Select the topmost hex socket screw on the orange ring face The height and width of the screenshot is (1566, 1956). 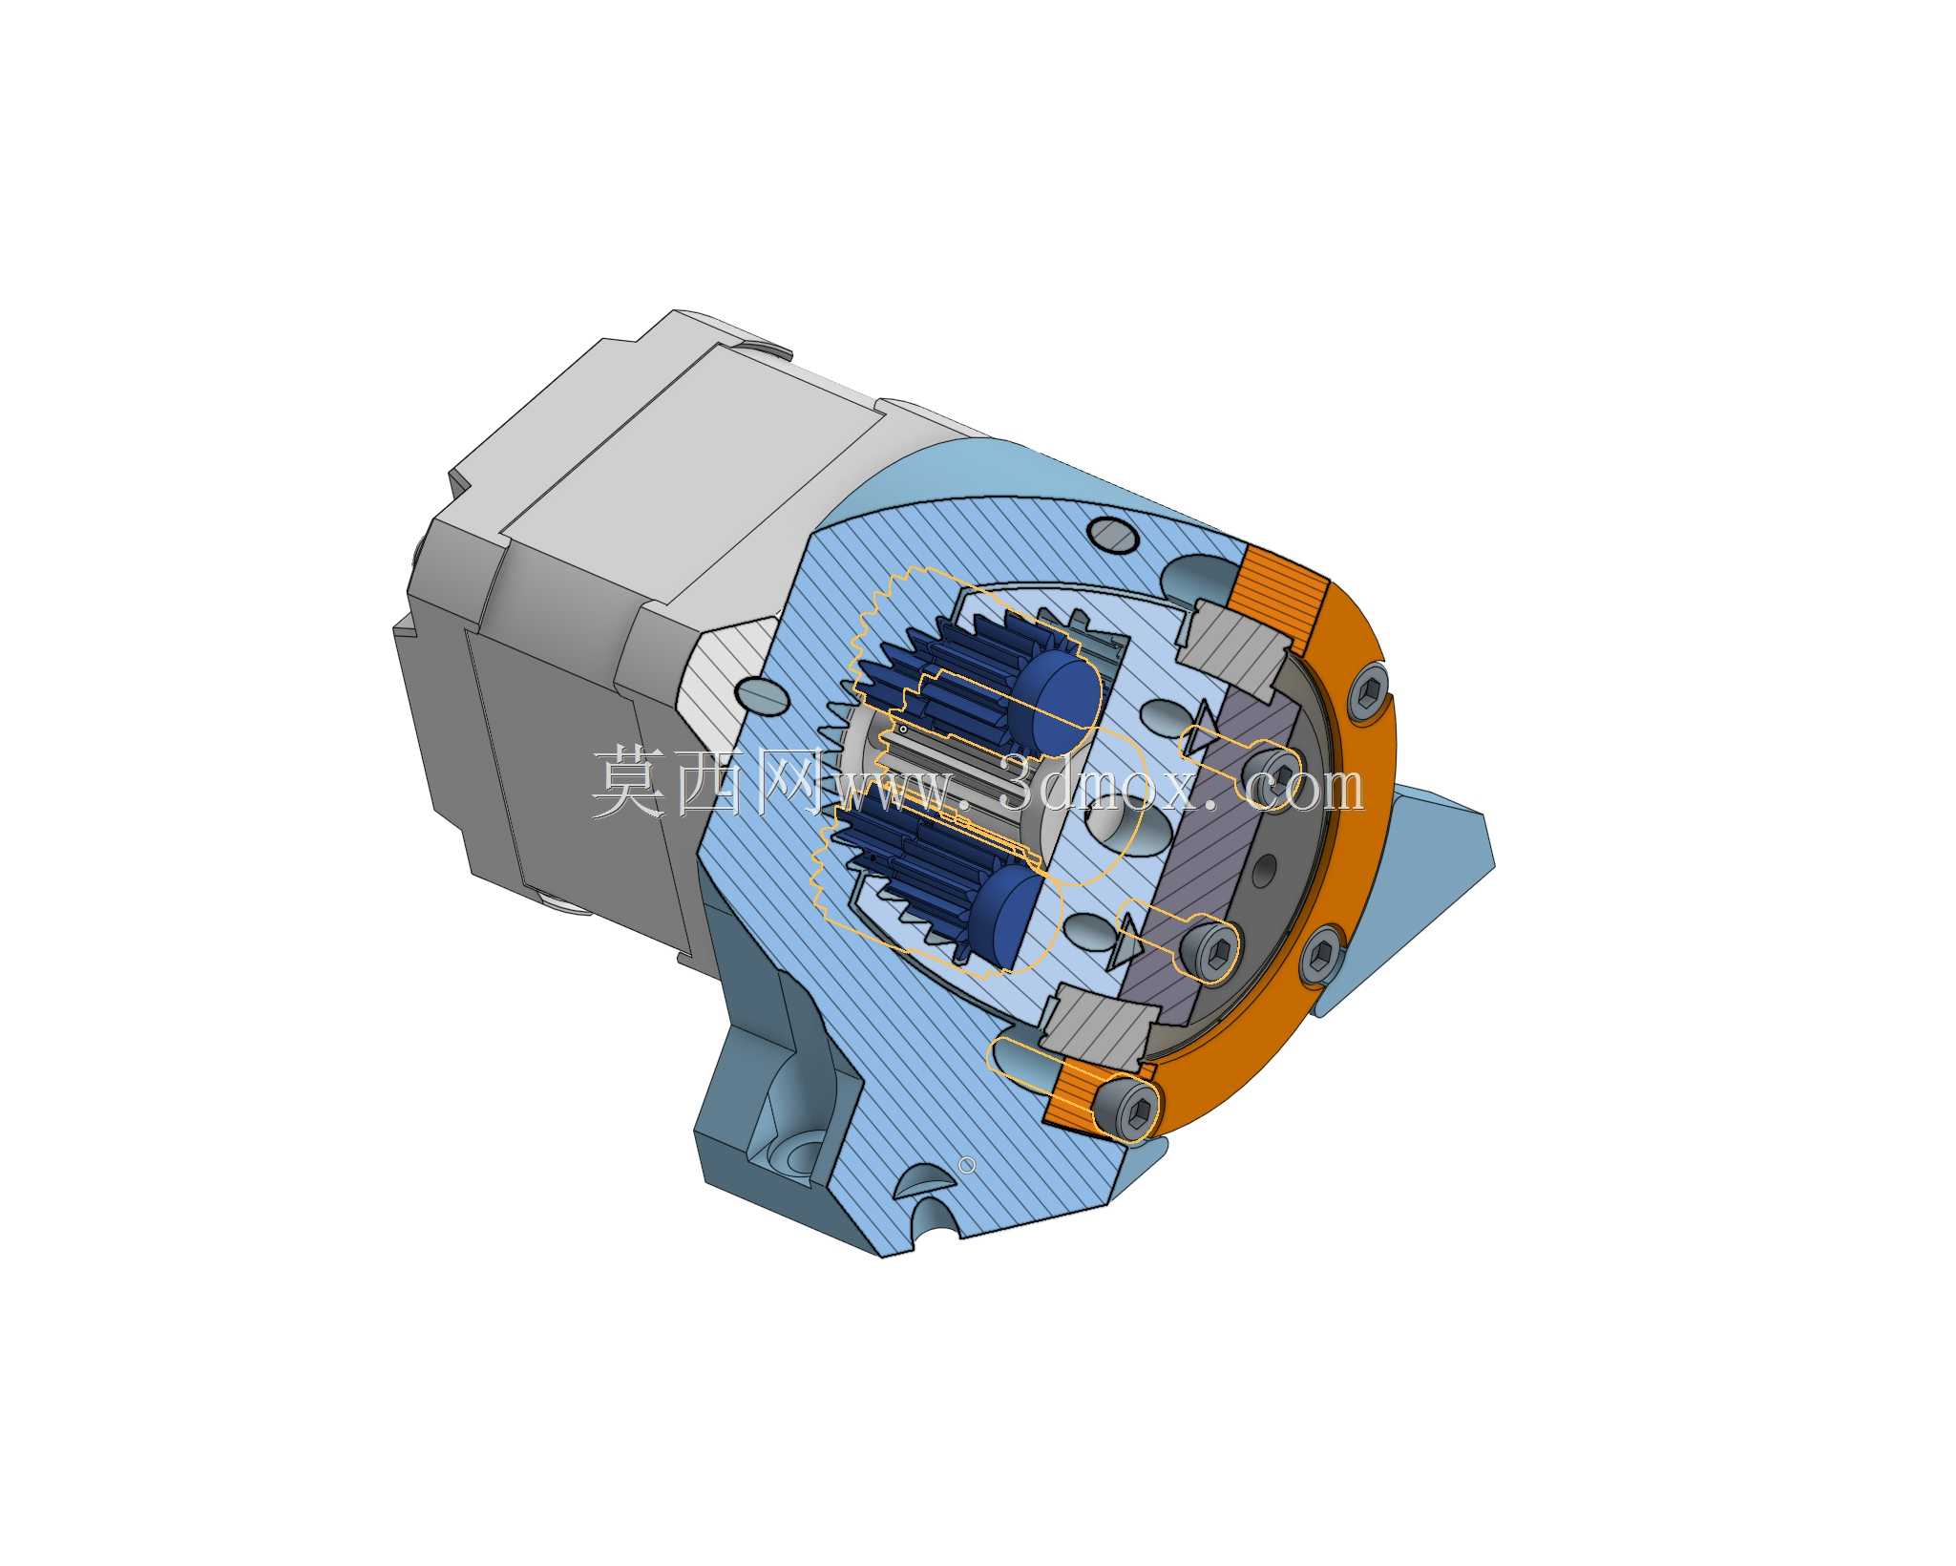pos(1370,689)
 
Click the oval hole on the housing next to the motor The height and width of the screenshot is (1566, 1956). pos(763,695)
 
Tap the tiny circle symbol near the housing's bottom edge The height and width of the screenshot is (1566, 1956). pos(967,1165)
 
